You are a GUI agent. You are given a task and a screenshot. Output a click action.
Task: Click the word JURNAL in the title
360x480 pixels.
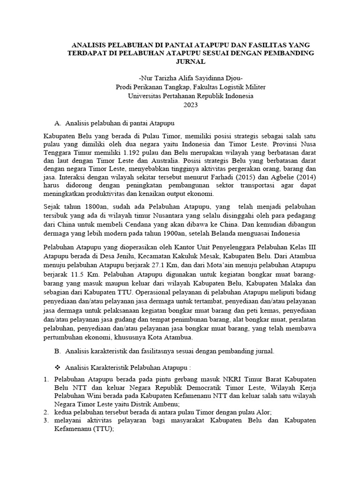(x=191, y=61)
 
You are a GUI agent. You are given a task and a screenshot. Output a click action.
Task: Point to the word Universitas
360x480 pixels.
(x=146, y=96)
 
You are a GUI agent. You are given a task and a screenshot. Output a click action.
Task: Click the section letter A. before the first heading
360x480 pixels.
(x=58, y=123)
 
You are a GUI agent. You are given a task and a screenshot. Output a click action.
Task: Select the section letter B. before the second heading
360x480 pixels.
(x=58, y=350)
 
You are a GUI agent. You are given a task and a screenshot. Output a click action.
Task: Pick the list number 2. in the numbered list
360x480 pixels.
(x=46, y=412)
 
